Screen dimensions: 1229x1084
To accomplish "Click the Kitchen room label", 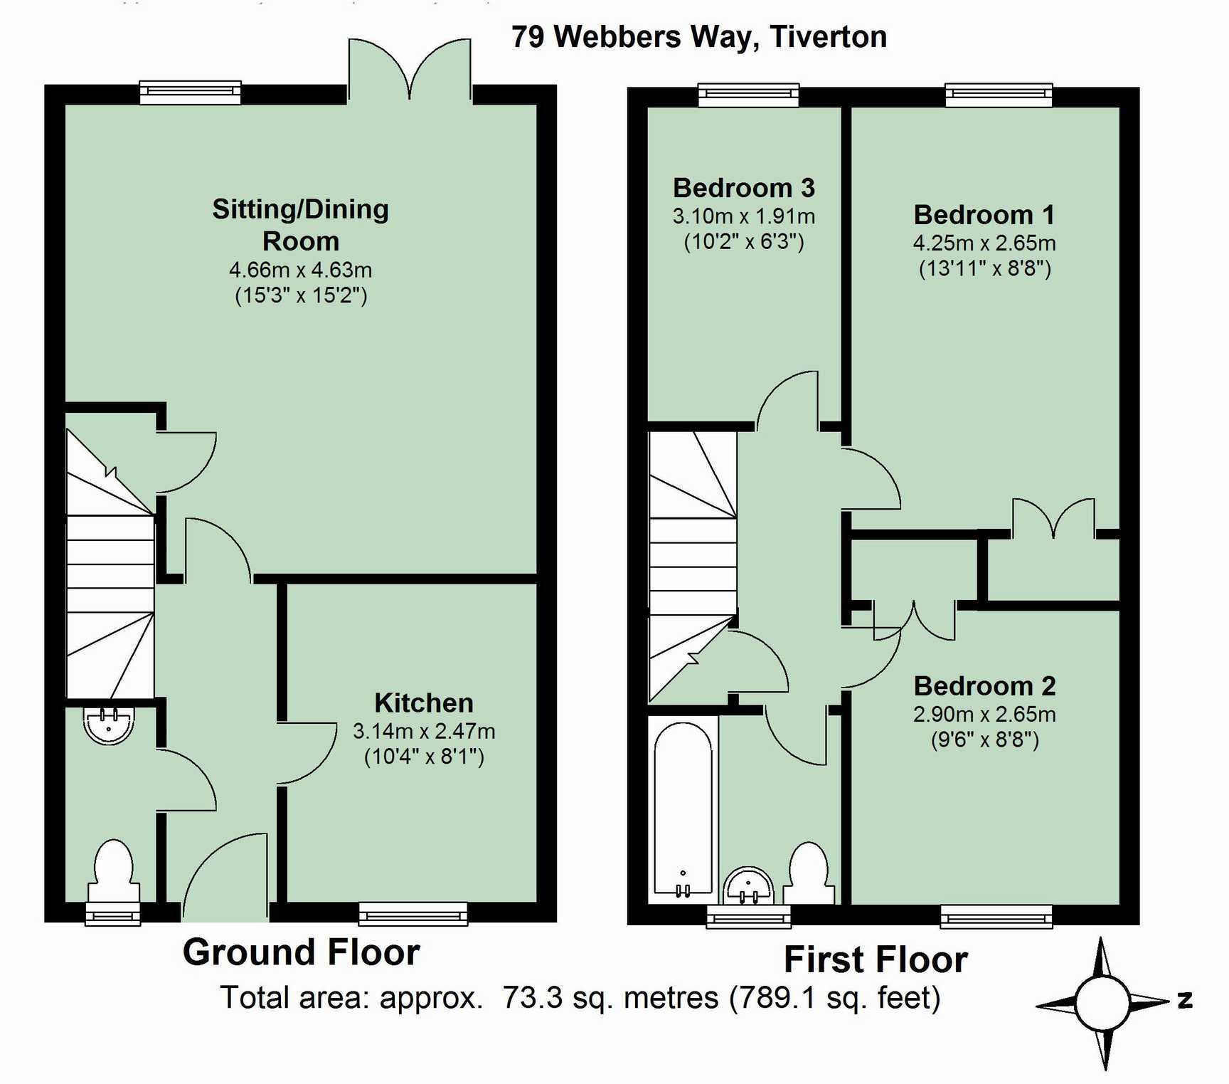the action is pos(424,703).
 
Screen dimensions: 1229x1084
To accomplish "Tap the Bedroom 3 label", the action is pos(743,188).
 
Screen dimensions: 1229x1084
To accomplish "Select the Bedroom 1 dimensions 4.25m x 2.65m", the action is pos(984,243).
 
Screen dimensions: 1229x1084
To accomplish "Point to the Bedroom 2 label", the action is pos(984,686).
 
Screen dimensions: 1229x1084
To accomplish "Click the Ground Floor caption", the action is pos(301,952).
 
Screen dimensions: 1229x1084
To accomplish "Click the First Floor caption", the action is pos(876,959).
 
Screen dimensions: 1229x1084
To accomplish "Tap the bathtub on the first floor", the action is pos(683,808).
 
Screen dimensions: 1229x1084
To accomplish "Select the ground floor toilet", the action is pos(113,871).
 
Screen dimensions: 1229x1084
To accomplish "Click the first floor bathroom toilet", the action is pos(809,873).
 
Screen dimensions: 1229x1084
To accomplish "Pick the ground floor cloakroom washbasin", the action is pos(108,725).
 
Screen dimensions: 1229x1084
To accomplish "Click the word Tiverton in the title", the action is pos(829,37).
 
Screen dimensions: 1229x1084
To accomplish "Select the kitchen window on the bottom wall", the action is pos(413,914).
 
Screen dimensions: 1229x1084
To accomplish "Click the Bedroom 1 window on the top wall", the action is pos(998,95).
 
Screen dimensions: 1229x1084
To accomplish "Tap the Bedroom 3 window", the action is pos(748,95).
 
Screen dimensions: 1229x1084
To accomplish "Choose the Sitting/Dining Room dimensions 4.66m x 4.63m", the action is pos(300,270).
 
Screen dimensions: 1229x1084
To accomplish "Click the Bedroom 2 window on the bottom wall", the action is pos(996,917).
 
